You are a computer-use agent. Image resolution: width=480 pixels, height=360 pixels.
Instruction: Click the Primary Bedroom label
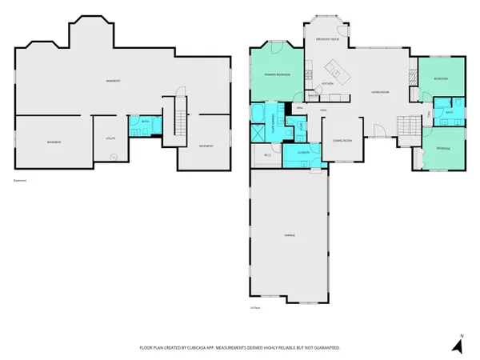277,74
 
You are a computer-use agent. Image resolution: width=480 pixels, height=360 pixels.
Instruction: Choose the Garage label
289,235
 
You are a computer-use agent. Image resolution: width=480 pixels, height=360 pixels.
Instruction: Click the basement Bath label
144,122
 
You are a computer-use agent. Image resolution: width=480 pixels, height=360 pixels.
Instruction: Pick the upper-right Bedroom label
441,79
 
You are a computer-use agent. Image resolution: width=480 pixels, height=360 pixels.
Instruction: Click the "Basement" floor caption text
20,181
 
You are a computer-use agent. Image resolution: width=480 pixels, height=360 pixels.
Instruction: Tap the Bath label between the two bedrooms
450,113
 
